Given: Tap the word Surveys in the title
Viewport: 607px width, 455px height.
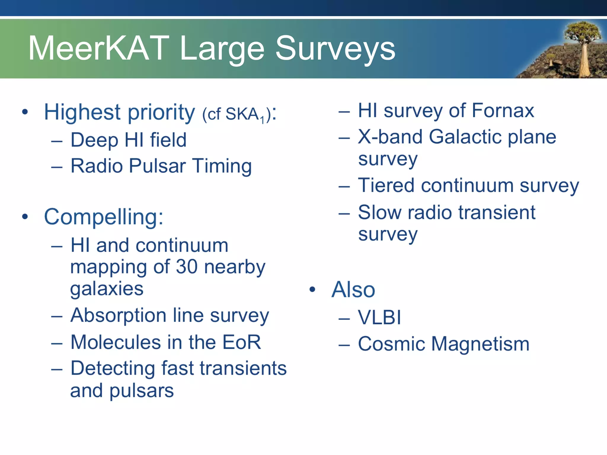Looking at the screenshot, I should click(x=335, y=49).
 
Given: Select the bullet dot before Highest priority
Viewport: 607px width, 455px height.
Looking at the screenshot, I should click(x=25, y=112).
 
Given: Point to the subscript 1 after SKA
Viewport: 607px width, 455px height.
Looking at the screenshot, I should click(x=262, y=120).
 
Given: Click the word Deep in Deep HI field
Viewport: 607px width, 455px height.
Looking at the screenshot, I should click(x=94, y=140).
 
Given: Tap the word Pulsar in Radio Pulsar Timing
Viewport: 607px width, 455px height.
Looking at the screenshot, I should click(x=157, y=166).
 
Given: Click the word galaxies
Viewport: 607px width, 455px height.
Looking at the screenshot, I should click(x=107, y=289).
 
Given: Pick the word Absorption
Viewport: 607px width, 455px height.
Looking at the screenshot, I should click(x=118, y=316).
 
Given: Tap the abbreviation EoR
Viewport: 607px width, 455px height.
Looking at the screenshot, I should click(x=242, y=342).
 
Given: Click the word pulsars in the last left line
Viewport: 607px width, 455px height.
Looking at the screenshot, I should click(x=141, y=391).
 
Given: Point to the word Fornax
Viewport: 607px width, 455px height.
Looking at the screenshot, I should click(x=503, y=111).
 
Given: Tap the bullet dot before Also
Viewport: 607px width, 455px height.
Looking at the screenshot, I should click(x=312, y=289).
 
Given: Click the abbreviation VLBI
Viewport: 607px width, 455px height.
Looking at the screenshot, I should click(x=379, y=318).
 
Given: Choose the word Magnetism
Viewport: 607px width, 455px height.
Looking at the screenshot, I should click(x=480, y=344).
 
